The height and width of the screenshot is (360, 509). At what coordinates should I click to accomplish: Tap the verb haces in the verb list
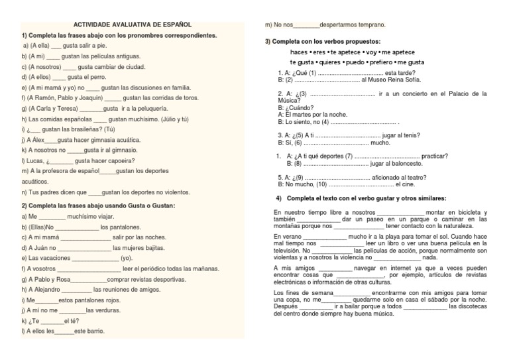click(x=299, y=52)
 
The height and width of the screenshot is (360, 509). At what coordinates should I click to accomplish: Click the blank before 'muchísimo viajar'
click(x=52, y=216)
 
